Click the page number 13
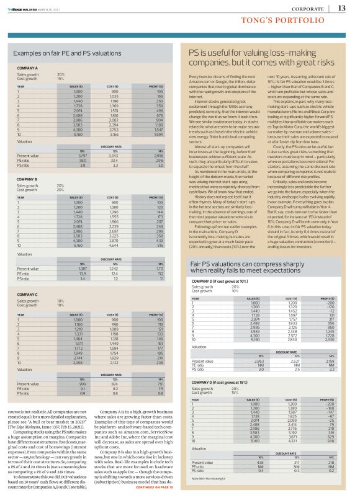pyautogui.click(x=341, y=8)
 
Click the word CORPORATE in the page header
pyautogui.click(x=307, y=9)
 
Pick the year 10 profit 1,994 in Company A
pyautogui.click(x=160, y=133)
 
